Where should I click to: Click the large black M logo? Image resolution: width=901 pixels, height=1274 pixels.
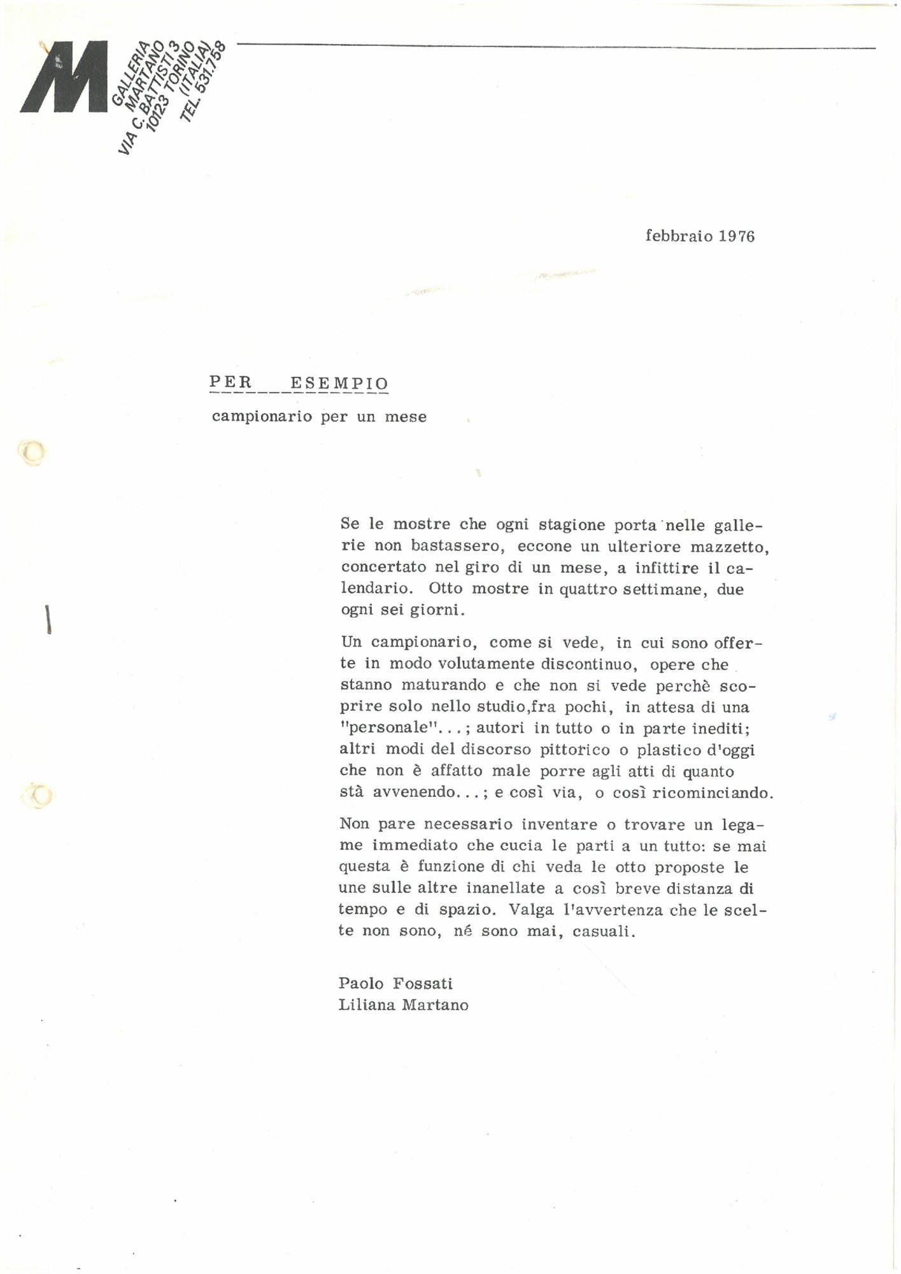pyautogui.click(x=64, y=77)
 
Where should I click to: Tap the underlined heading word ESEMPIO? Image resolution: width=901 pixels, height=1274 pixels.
pyautogui.click(x=339, y=383)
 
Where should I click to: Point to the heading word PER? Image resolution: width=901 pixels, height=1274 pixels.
pyautogui.click(x=231, y=383)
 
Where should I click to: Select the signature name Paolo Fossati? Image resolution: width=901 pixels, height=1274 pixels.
pyautogui.click(x=395, y=984)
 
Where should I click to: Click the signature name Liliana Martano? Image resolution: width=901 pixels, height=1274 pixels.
pyautogui.click(x=404, y=1005)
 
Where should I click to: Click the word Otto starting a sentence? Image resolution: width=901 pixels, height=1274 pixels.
pyautogui.click(x=446, y=589)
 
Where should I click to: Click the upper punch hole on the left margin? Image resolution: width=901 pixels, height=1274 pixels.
pyautogui.click(x=32, y=452)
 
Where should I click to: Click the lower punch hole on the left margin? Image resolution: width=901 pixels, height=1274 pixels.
pyautogui.click(x=36, y=796)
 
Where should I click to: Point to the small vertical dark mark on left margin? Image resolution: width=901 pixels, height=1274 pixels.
pyautogui.click(x=48, y=619)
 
